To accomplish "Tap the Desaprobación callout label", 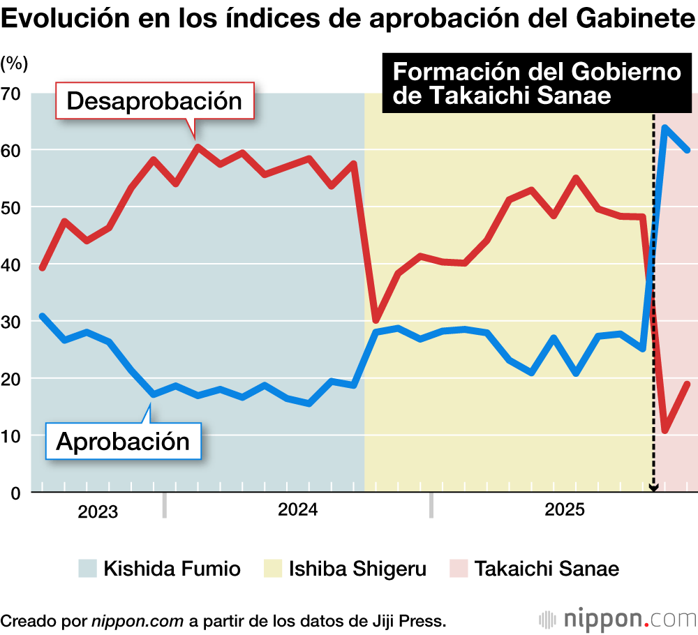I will point(154,102).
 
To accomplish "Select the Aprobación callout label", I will point(123,441).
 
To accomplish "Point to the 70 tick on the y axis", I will point(12,94).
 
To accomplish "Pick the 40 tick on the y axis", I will point(12,264).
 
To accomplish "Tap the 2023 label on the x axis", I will point(98,511).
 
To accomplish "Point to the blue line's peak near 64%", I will point(665,128).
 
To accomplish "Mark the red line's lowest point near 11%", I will point(665,431).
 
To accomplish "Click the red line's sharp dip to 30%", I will point(376,320).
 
